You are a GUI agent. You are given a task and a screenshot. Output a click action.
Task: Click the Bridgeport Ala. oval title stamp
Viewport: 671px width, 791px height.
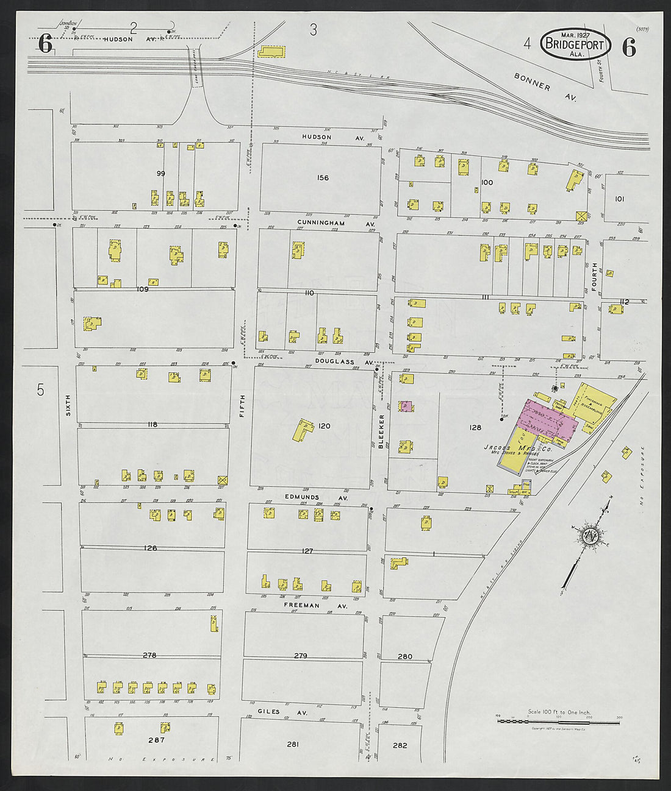575,44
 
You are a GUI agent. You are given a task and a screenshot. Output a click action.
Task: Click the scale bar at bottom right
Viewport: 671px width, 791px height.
558,722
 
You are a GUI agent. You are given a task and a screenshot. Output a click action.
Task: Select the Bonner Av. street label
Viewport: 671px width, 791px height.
545,86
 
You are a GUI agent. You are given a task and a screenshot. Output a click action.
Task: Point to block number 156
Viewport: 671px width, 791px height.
323,178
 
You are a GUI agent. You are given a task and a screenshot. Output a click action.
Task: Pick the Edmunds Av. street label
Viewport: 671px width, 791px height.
316,497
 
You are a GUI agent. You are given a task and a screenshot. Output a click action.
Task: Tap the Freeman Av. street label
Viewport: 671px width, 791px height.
315,606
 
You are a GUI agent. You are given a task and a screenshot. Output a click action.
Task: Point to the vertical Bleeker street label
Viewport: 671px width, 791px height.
382,431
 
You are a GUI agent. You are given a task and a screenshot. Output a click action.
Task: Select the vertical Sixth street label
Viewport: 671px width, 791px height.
68,405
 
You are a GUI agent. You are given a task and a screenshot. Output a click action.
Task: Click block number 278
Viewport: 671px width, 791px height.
149,655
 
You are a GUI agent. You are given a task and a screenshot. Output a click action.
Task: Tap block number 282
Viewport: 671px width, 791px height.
400,745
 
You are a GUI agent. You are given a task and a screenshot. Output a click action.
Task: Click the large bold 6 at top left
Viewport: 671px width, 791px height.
45,44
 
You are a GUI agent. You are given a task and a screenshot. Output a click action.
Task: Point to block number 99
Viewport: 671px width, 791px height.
160,174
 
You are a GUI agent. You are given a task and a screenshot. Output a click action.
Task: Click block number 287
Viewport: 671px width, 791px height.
157,740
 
